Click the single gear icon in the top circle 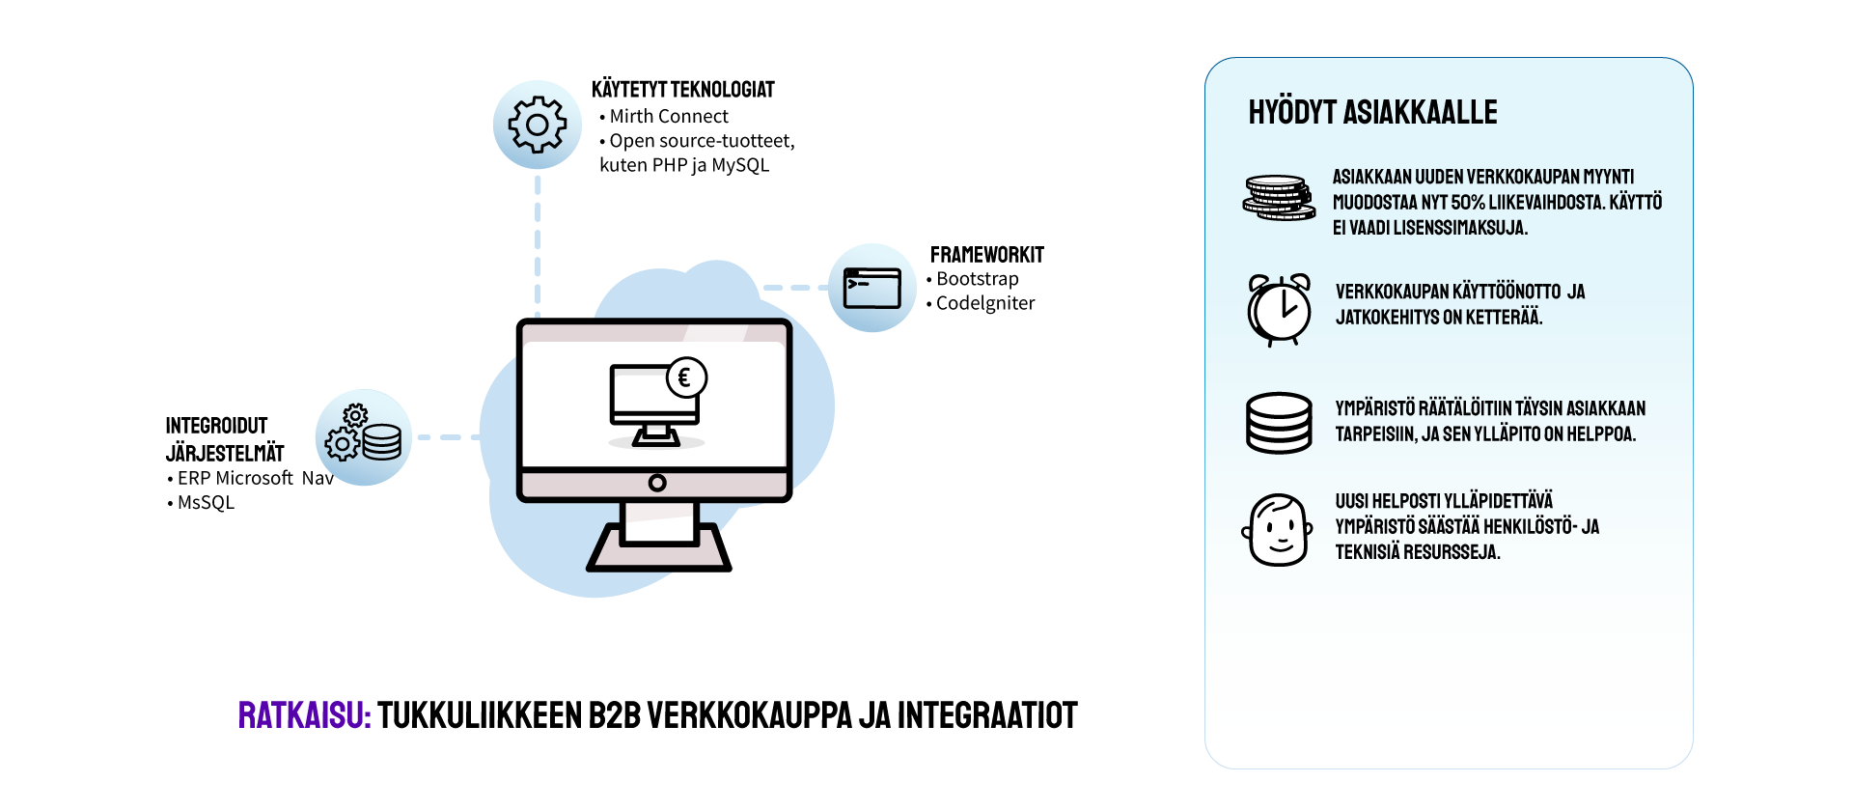538,125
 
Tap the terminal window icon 871,288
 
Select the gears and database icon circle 363,437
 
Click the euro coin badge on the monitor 686,378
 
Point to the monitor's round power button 657,483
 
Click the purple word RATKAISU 304,716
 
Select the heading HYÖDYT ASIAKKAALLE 1372,113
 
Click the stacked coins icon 1278,198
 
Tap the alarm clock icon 1279,310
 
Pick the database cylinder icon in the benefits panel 1279,423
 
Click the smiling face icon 1277,530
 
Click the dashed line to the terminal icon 794,288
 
